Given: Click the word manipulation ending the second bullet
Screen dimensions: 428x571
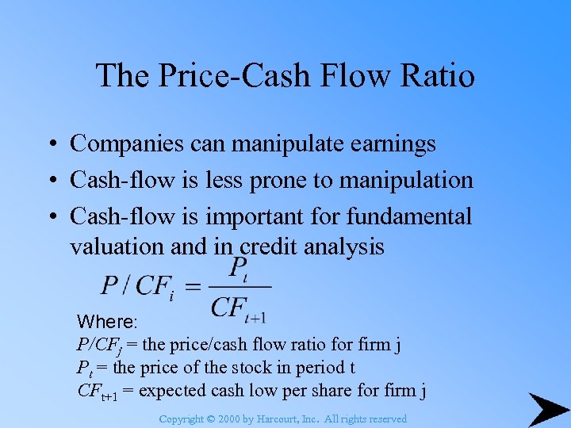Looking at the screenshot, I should point(406,180).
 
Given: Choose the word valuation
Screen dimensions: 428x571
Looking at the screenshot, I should point(117,247).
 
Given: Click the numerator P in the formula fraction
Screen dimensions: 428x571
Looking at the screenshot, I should point(237,267).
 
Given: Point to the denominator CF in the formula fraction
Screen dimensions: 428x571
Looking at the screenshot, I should point(228,308).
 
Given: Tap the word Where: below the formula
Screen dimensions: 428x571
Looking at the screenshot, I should point(107,323).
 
